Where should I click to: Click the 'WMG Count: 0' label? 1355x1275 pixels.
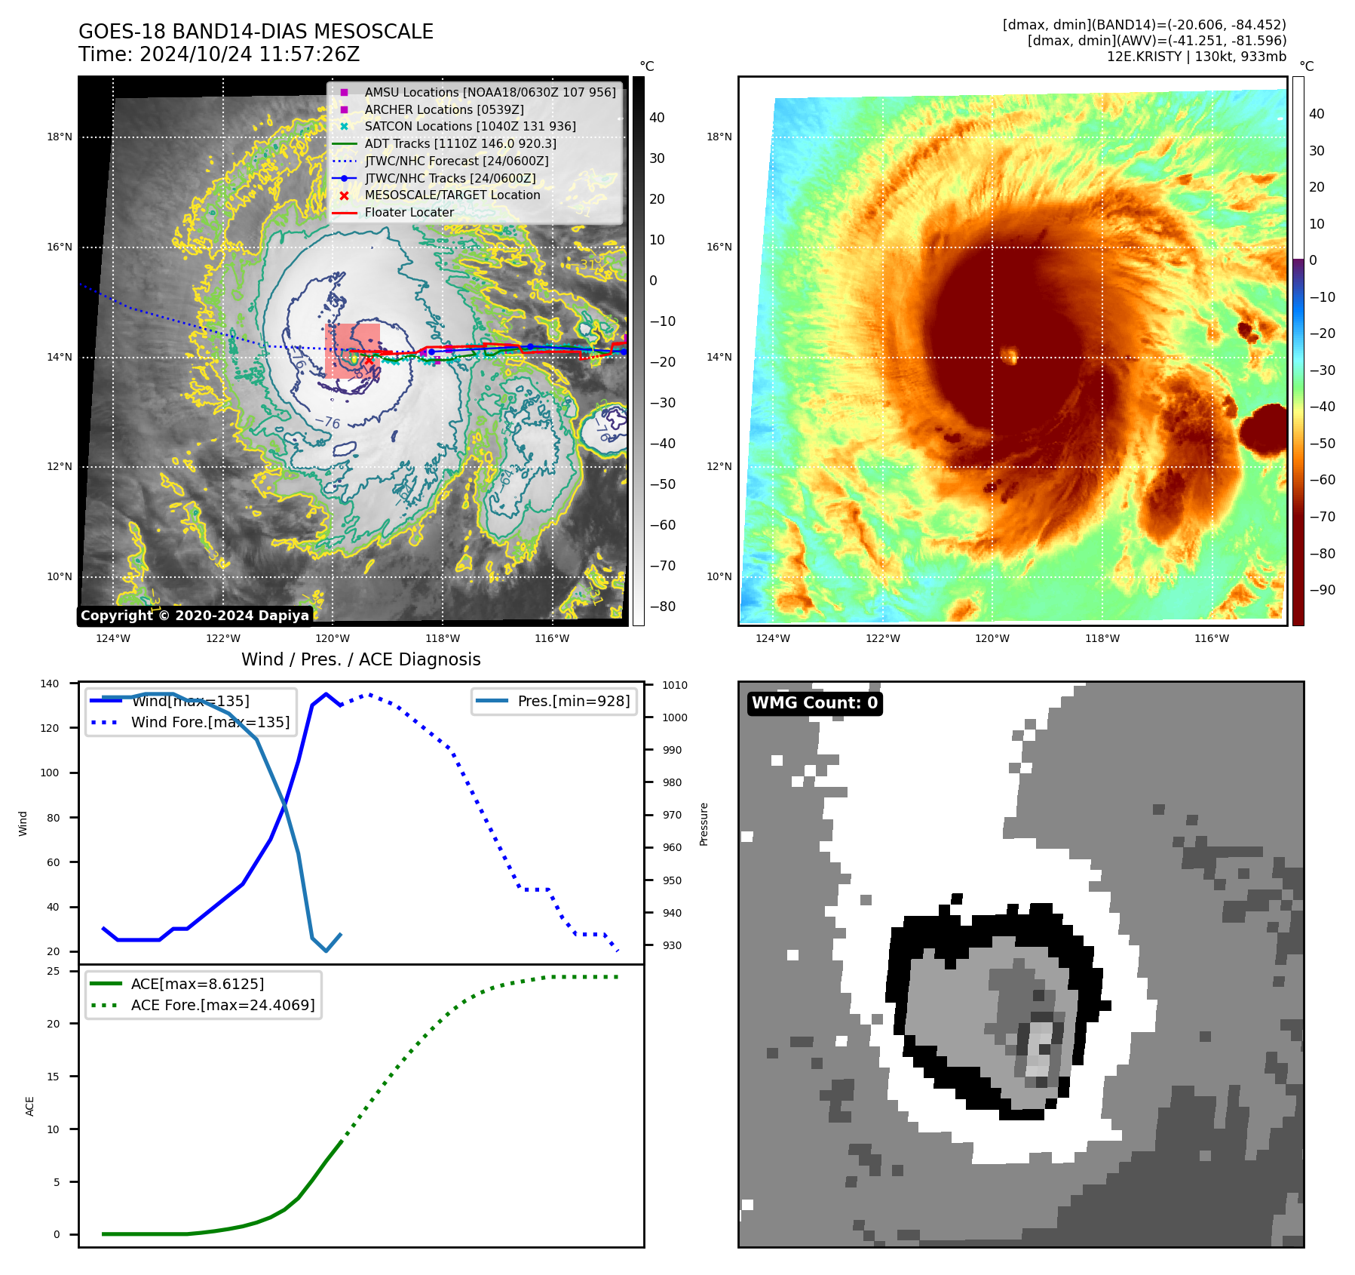pos(814,703)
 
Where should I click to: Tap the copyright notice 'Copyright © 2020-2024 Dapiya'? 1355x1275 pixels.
pos(195,616)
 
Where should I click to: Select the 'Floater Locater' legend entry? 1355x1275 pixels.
pos(409,213)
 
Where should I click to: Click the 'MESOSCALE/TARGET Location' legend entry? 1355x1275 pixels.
pos(452,195)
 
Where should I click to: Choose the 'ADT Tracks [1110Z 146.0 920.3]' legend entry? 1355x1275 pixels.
pos(460,143)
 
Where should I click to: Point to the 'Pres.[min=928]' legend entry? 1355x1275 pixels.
pos(573,701)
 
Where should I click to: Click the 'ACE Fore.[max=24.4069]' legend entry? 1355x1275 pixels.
pos(222,1005)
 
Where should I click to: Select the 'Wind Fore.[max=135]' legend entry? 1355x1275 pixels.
pos(210,722)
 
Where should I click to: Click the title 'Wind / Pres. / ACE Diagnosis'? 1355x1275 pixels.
pos(360,659)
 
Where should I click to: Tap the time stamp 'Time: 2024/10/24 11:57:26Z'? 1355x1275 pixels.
pos(219,54)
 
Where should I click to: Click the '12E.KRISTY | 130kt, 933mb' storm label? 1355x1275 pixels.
pos(1196,57)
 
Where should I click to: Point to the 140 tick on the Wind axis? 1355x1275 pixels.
pos(50,684)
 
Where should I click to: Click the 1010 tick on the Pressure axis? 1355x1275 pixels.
pos(674,685)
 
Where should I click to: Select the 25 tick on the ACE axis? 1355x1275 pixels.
pos(54,971)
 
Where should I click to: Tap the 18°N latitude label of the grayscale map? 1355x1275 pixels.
pos(60,137)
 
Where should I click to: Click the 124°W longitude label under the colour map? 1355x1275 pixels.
pos(773,638)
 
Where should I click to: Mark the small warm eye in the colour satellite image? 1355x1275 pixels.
pos(1009,354)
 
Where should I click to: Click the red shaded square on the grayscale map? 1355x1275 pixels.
pos(352,351)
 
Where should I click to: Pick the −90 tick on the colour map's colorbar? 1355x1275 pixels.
pos(1322,590)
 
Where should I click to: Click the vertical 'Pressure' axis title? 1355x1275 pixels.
pos(704,824)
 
